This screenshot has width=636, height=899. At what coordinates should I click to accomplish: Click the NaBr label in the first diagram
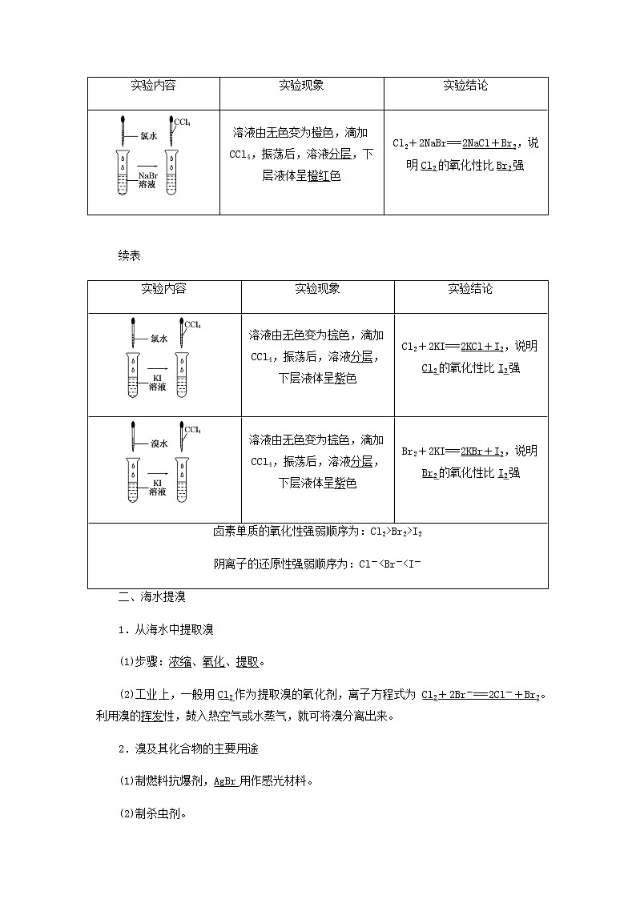point(147,175)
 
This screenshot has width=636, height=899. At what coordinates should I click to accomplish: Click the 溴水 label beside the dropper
point(159,443)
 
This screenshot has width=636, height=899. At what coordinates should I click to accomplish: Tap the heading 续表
point(129,255)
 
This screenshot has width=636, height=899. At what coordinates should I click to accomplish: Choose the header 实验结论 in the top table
point(465,86)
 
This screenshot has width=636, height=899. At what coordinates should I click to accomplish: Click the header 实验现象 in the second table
point(317,289)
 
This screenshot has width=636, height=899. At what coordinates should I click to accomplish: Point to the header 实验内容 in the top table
point(153,86)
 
